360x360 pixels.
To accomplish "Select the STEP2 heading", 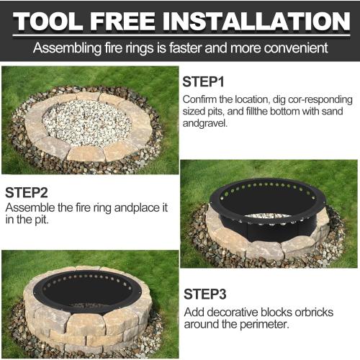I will (27, 192).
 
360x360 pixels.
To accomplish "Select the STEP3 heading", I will (205, 294).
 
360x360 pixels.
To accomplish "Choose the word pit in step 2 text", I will (42, 220).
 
